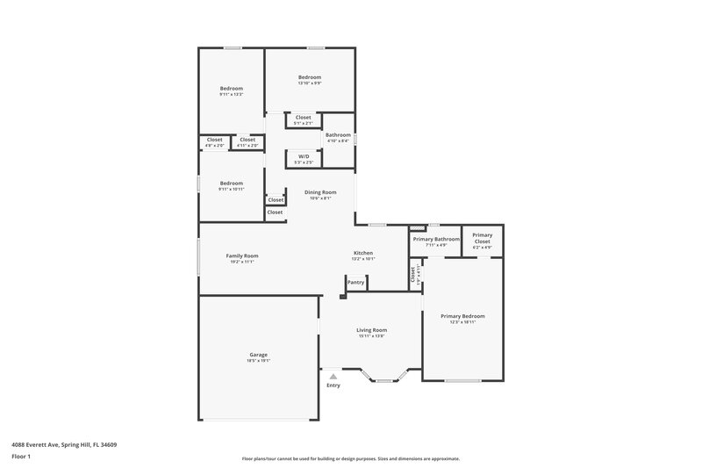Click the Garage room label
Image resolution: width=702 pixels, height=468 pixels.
pos(258,354)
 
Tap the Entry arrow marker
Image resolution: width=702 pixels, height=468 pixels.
pos(333,376)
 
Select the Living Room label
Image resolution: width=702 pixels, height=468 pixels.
pos(372,329)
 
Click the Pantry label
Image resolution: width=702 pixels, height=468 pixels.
pos(355,282)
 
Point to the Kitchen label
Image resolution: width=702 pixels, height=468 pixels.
pos(363,253)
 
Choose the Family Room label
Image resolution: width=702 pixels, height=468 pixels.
pos(242,256)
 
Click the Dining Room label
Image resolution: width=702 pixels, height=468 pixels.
pos(320,192)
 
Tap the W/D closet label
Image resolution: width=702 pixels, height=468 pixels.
pos(304,156)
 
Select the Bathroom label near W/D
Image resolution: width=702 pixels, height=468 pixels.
pos(338,134)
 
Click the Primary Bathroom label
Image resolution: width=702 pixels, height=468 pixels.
pos(436,239)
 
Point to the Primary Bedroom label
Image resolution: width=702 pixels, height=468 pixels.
pos(462,316)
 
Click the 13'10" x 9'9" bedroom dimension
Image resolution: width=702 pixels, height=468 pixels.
pos(309,83)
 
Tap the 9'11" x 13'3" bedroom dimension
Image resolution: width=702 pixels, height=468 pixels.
pos(231,95)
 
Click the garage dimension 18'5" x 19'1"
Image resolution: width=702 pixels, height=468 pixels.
pos(258,360)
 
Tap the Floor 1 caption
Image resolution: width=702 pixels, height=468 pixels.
pos(21,457)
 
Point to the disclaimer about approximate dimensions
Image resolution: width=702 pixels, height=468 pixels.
pos(350,458)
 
